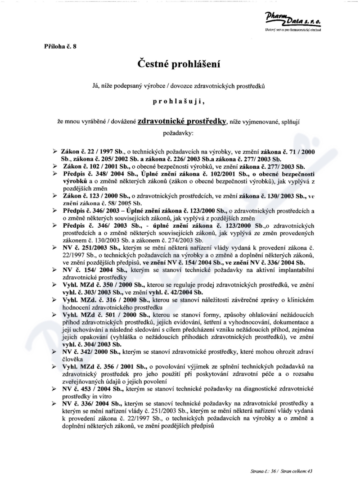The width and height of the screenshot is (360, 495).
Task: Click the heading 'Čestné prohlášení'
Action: point(180,64)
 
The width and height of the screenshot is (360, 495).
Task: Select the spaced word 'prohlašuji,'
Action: point(180,102)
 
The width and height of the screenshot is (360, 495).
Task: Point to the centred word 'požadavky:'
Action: point(178,133)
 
